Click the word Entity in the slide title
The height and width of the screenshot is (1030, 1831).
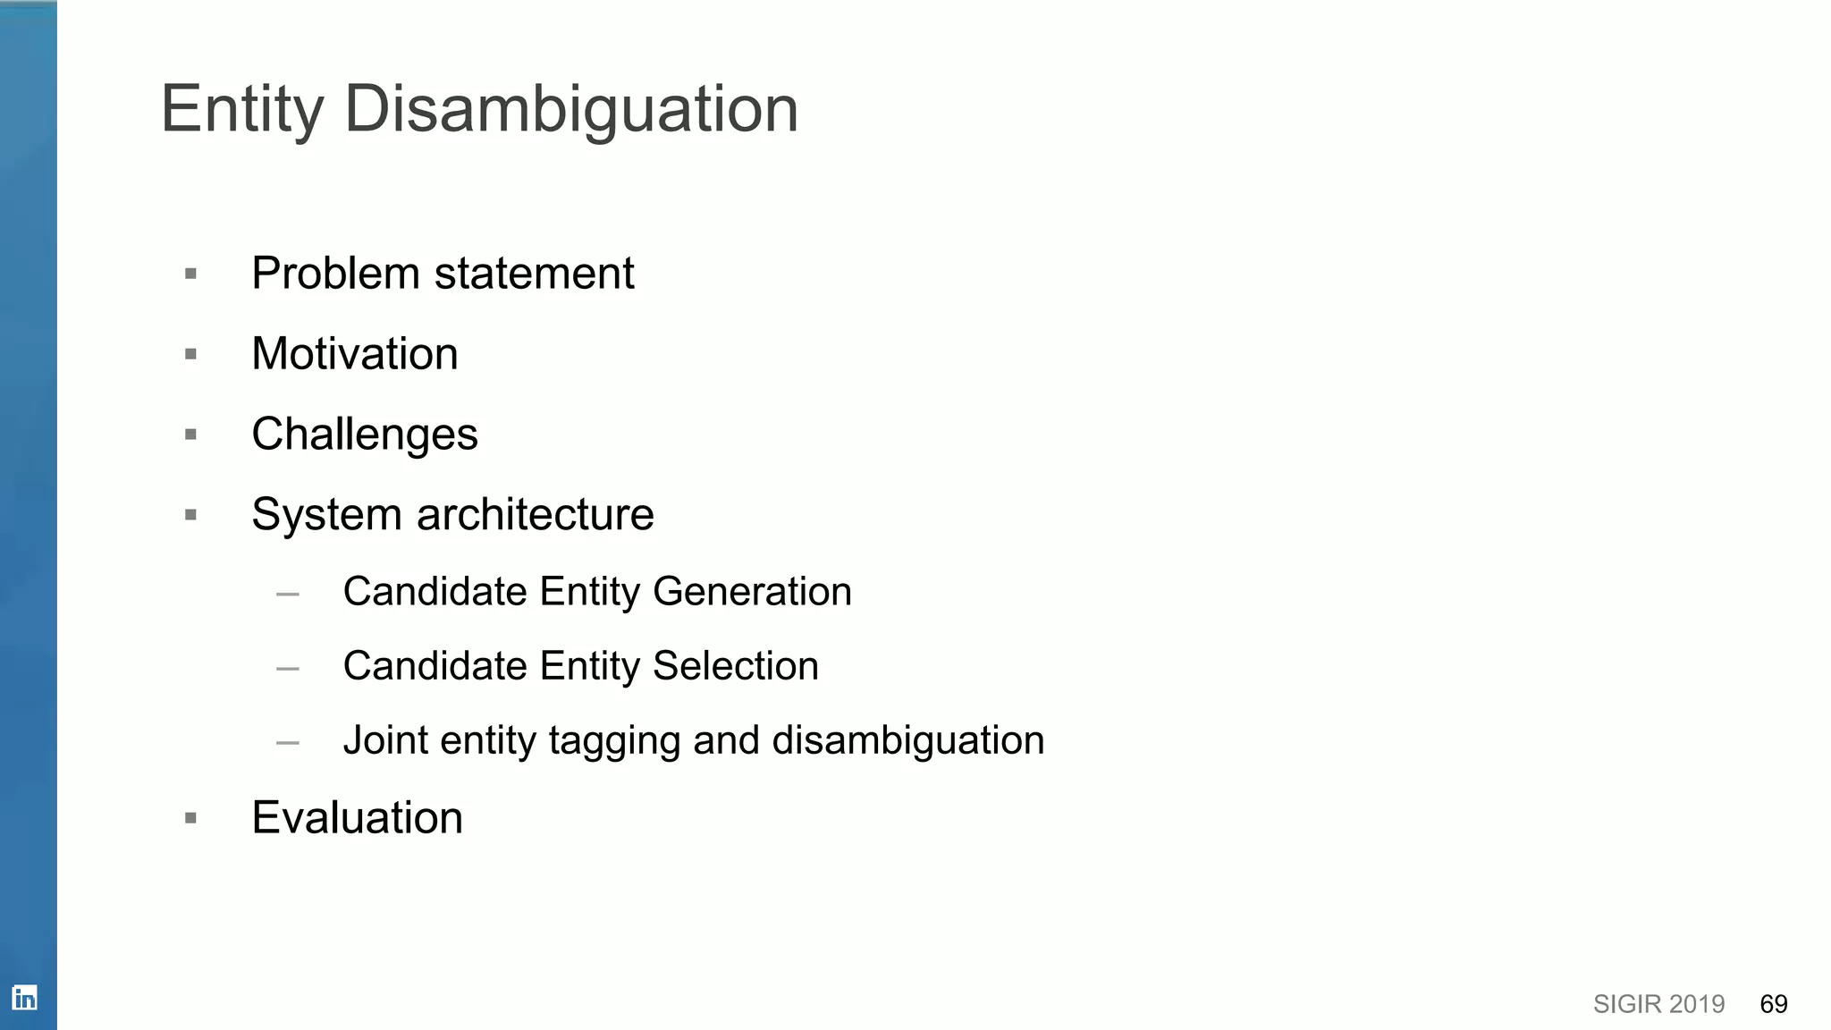click(x=241, y=110)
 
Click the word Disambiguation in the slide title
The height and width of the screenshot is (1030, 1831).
click(x=570, y=110)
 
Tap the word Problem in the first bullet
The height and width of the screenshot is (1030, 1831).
click(x=335, y=274)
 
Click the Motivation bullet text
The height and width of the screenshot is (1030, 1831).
click(x=355, y=354)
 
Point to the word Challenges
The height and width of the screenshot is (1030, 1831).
click(x=365, y=435)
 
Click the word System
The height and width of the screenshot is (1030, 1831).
click(x=326, y=515)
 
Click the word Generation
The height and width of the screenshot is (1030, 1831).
click(x=752, y=592)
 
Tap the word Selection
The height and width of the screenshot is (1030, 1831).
click(x=735, y=666)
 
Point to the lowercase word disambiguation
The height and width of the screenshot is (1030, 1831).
click(x=907, y=740)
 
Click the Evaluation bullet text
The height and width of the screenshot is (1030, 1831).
click(x=358, y=818)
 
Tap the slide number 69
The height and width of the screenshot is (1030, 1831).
click(x=1774, y=1004)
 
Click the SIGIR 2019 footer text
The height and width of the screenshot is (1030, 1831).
click(x=1658, y=1004)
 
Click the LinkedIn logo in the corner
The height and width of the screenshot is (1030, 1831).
click(x=25, y=998)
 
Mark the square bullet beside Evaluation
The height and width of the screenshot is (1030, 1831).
click(x=190, y=818)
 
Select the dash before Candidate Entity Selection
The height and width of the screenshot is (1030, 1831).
click(x=288, y=668)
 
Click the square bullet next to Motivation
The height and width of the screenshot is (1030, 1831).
click(x=190, y=355)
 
